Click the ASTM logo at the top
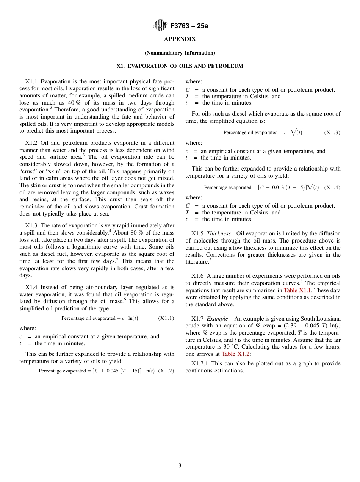tap(160, 25)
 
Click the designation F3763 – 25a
tap(189, 26)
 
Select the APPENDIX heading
tap(180, 39)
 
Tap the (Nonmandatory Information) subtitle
tap(180, 53)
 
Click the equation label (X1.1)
tap(166, 318)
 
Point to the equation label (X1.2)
tap(166, 371)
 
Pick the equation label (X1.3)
tap(332, 133)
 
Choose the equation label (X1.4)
tap(332, 188)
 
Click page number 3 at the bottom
tap(180, 466)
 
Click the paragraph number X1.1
tap(31, 81)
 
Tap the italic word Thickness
tap(218, 233)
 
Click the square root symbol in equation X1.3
tap(293, 132)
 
